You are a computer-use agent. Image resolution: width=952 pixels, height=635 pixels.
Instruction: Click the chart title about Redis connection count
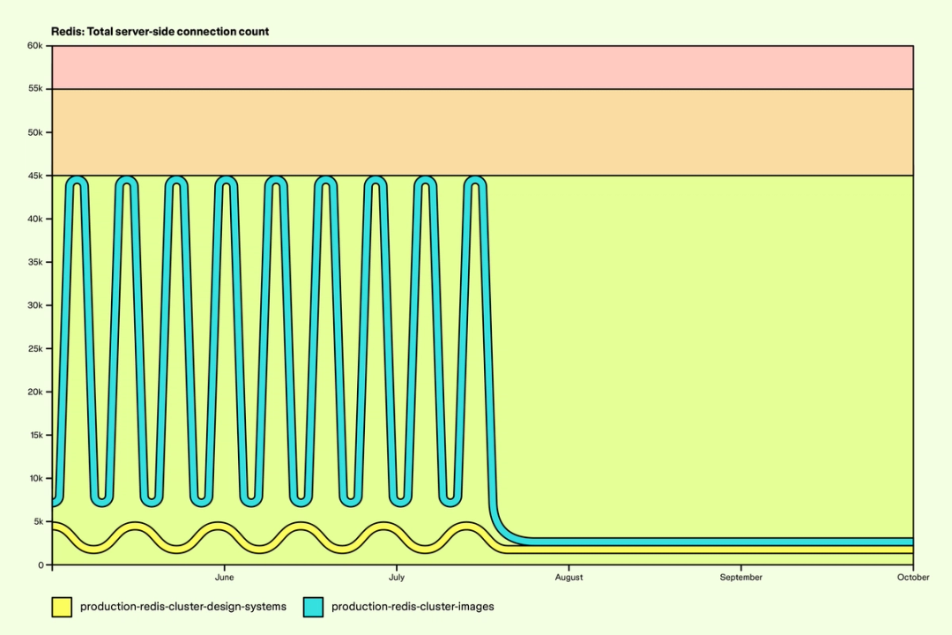tap(160, 32)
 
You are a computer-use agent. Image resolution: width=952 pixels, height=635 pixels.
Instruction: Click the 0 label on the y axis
tap(41, 564)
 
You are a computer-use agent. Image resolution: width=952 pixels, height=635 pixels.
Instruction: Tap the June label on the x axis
tap(224, 578)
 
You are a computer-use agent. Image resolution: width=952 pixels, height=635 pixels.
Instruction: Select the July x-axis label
tap(397, 578)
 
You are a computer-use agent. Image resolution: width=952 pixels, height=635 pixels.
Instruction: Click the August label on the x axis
tap(569, 578)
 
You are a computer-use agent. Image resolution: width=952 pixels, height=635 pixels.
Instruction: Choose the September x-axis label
tap(740, 578)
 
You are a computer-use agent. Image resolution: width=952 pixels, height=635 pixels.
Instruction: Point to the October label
tap(913, 578)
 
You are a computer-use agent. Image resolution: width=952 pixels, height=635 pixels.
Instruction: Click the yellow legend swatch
tap(61, 607)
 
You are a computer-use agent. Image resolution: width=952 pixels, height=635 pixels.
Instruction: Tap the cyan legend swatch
tap(313, 607)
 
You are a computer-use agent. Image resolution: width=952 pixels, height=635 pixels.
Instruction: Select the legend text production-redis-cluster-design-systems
tap(182, 607)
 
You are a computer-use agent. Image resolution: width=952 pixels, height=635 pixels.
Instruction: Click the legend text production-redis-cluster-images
tap(413, 607)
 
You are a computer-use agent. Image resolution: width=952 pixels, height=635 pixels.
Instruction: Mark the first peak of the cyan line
tap(78, 182)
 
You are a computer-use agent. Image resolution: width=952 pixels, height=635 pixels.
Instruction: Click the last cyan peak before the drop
tap(476, 182)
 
